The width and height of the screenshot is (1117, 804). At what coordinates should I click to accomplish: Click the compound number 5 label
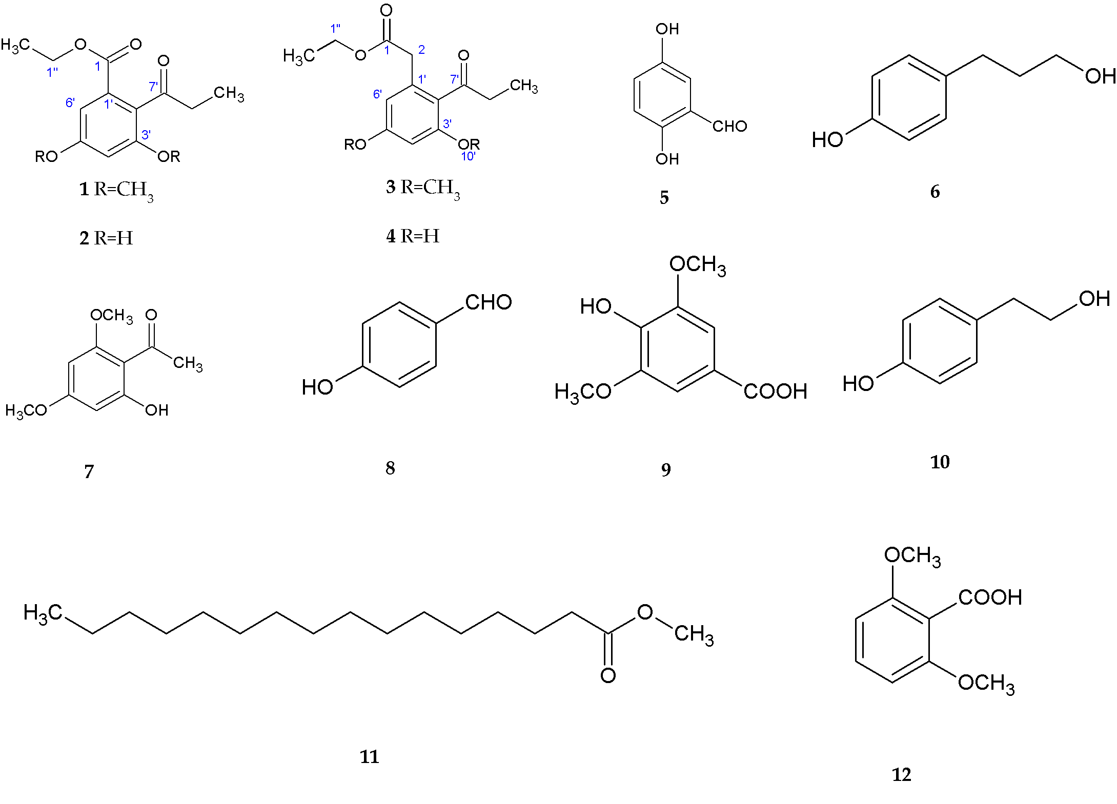click(664, 197)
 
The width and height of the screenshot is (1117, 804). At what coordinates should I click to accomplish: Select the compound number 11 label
click(369, 756)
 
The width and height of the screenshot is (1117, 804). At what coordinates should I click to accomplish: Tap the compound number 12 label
click(901, 774)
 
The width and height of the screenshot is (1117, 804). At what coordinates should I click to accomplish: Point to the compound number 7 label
click(89, 471)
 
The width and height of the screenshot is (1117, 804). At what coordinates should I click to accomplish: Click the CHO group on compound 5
click(729, 126)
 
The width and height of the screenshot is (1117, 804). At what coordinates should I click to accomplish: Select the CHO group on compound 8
click(488, 302)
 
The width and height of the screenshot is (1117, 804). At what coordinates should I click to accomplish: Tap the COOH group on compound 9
click(775, 391)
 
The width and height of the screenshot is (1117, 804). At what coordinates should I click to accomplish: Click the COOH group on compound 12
click(989, 597)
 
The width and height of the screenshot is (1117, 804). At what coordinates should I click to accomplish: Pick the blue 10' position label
click(468, 157)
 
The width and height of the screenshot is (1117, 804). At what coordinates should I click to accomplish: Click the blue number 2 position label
click(421, 50)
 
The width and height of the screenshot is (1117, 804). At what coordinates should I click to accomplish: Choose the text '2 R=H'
click(106, 238)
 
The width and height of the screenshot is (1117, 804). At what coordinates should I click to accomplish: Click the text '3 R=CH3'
click(423, 188)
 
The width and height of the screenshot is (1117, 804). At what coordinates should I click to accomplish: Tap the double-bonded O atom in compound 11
click(608, 675)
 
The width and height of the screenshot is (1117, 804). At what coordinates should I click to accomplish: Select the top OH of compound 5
click(667, 29)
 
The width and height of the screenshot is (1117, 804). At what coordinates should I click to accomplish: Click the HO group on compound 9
click(596, 306)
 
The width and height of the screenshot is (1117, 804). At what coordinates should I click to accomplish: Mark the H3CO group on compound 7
click(26, 410)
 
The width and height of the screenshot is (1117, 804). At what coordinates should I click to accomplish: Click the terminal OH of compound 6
click(1100, 76)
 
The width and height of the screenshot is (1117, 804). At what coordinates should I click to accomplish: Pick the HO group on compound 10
click(858, 383)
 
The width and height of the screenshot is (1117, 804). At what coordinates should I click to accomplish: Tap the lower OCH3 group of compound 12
click(986, 684)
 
